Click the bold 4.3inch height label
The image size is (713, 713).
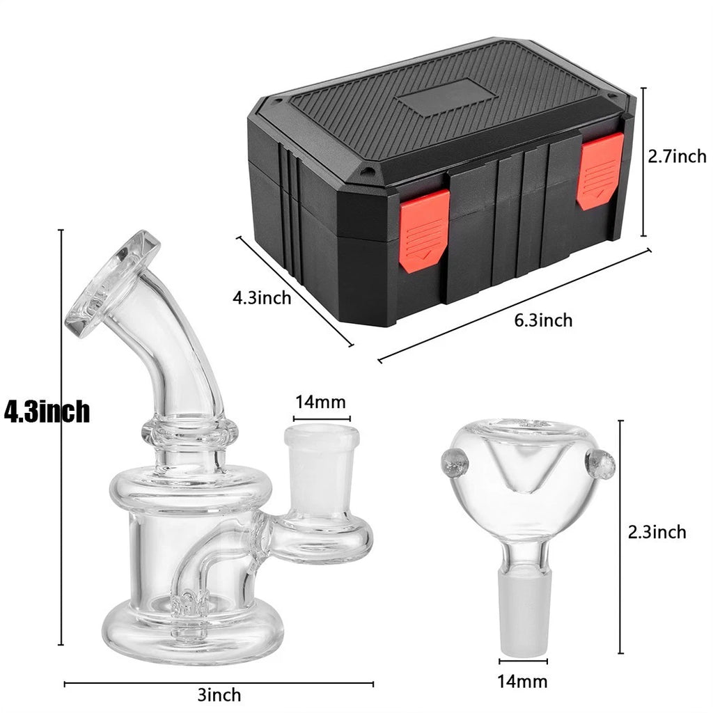(x=47, y=412)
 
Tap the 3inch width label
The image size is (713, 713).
(x=219, y=695)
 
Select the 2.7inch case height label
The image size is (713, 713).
(x=677, y=157)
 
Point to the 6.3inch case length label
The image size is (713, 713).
(x=543, y=320)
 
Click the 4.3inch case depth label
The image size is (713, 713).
(x=262, y=298)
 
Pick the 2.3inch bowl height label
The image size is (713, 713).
(x=657, y=531)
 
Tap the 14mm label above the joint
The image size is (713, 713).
(x=320, y=402)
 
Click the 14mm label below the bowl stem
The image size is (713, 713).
(x=522, y=682)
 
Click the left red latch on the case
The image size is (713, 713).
(x=425, y=231)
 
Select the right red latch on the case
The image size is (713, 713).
(x=600, y=171)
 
